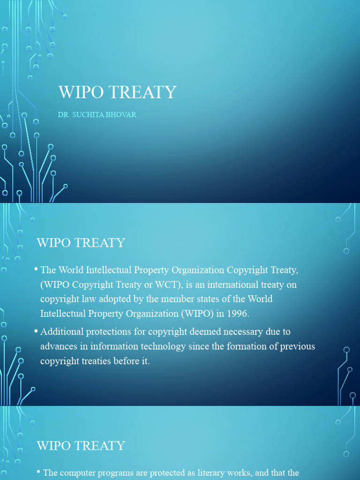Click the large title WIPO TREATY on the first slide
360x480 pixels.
point(117,92)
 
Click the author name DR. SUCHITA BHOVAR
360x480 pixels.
point(97,115)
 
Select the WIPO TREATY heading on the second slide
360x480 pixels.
point(81,243)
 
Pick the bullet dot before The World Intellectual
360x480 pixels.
point(37,270)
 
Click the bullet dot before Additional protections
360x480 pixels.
point(37,331)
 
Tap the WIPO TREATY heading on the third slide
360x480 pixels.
point(81,445)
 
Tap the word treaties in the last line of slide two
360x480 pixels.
point(94,361)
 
